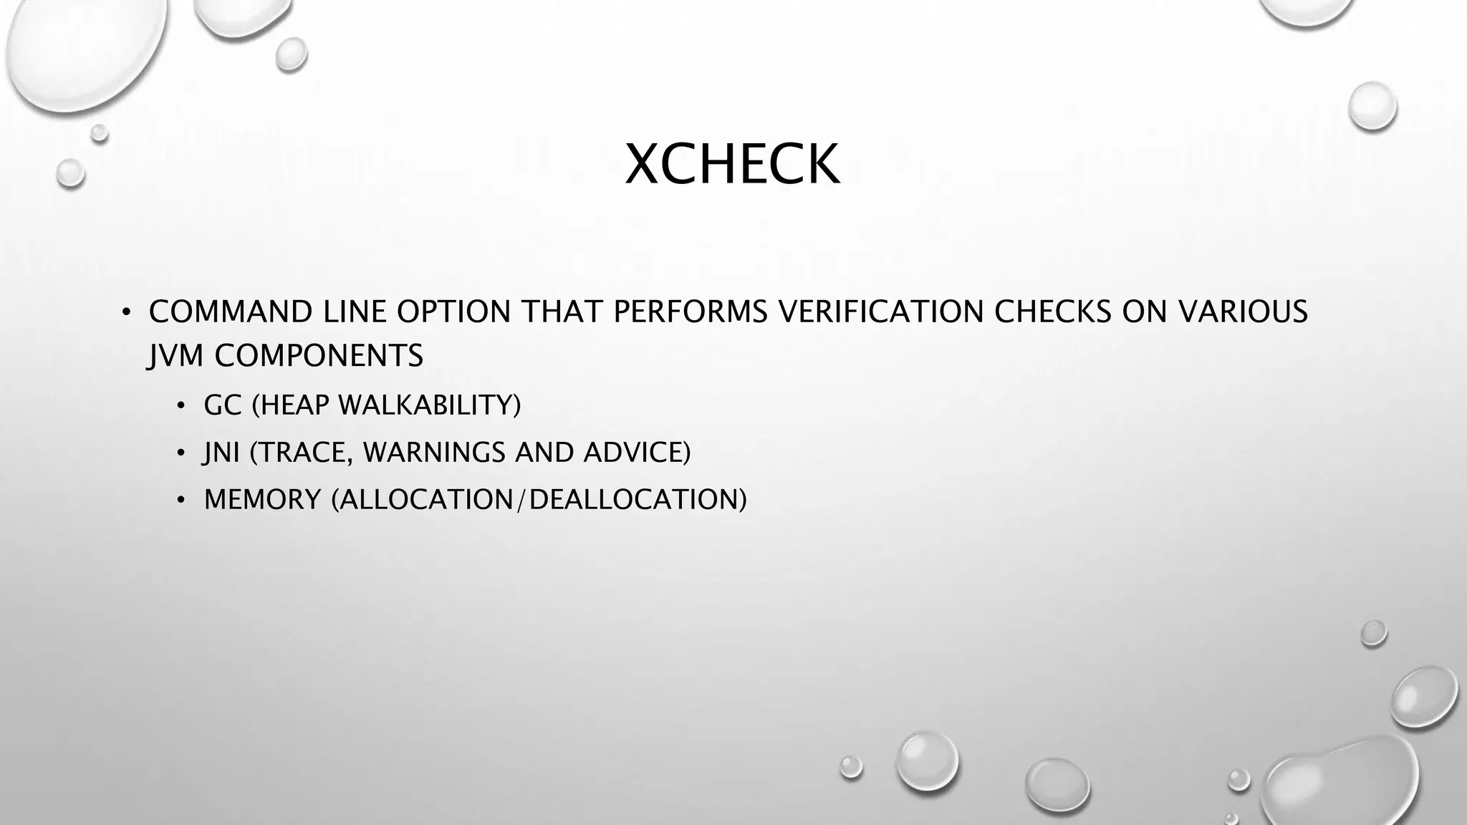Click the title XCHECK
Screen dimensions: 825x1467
click(x=732, y=165)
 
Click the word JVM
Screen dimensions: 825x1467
click(x=175, y=356)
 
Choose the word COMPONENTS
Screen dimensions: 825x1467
click(x=319, y=356)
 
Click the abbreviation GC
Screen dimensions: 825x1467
click(x=223, y=405)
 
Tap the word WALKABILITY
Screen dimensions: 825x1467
click(x=429, y=405)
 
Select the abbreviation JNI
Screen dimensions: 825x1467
click(x=221, y=453)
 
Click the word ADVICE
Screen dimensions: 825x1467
click(x=637, y=453)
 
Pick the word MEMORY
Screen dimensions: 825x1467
click(x=262, y=500)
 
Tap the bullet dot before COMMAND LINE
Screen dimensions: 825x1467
click(x=126, y=313)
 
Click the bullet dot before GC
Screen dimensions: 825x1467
click(x=181, y=407)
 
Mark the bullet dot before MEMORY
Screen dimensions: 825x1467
click(x=181, y=501)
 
